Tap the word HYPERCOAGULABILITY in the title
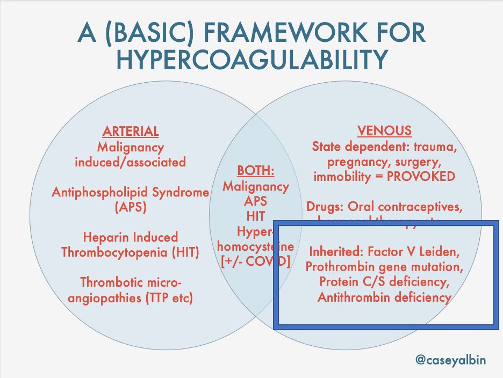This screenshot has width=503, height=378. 251,60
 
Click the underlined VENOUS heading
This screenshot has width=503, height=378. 384,131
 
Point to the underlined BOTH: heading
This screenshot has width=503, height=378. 256,171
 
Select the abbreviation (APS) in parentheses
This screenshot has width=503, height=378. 131,208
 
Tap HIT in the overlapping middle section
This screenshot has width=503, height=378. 256,216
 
